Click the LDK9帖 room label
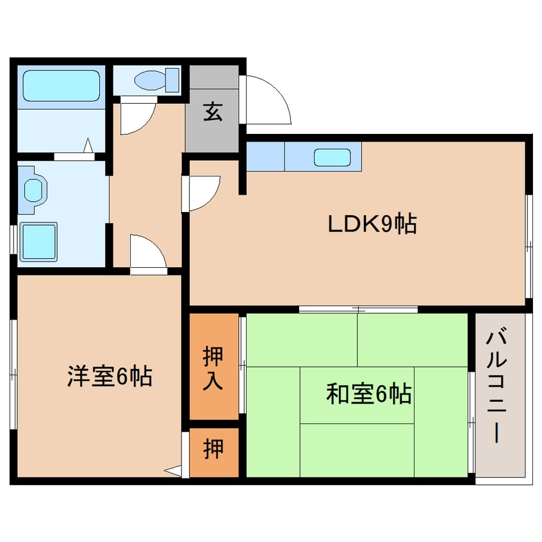click(x=372, y=224)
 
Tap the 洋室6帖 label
click(x=110, y=377)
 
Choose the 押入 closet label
click(x=213, y=370)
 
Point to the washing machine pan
click(x=39, y=242)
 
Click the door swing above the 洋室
click(x=147, y=251)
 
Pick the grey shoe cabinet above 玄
click(x=214, y=77)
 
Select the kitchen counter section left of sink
click(x=265, y=156)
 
